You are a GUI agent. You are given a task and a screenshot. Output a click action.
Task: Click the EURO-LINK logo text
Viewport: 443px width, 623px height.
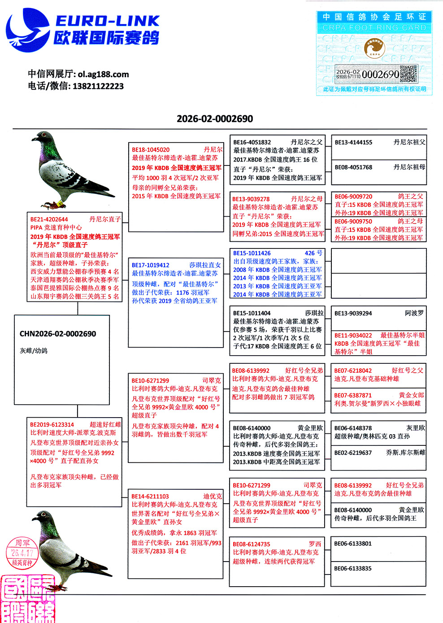coord(107,21)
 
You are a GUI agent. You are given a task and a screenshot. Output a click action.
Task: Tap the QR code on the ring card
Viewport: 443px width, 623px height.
coord(408,74)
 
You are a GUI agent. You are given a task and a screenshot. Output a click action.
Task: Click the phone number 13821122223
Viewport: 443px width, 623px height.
coord(98,86)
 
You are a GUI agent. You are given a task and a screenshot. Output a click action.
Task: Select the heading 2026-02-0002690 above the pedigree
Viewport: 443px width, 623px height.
coord(215,119)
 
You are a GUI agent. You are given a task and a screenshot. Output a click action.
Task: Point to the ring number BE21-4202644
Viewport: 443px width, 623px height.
coord(49,219)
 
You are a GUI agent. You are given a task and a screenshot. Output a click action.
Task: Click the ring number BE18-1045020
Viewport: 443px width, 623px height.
coord(151,150)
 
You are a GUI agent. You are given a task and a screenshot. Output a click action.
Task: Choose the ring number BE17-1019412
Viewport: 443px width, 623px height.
coord(151,265)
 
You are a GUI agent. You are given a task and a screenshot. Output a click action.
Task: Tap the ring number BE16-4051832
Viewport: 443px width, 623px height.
coord(252,142)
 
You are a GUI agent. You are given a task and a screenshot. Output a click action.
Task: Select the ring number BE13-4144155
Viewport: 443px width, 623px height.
coord(353,142)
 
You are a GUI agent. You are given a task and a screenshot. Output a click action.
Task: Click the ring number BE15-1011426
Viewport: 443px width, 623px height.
coord(252,253)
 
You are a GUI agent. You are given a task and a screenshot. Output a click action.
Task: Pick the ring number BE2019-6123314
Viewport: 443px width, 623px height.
coord(52,424)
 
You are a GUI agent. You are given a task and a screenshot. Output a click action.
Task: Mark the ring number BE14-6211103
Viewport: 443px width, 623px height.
coord(150,497)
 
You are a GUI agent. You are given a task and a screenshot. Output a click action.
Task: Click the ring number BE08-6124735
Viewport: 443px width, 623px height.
coord(252,544)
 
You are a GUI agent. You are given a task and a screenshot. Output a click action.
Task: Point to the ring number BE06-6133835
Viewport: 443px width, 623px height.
coord(353,568)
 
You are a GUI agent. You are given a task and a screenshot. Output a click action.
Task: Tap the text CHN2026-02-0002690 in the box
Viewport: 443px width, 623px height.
coord(58,334)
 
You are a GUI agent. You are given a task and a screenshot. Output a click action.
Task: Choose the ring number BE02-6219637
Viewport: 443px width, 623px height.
coord(353,453)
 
